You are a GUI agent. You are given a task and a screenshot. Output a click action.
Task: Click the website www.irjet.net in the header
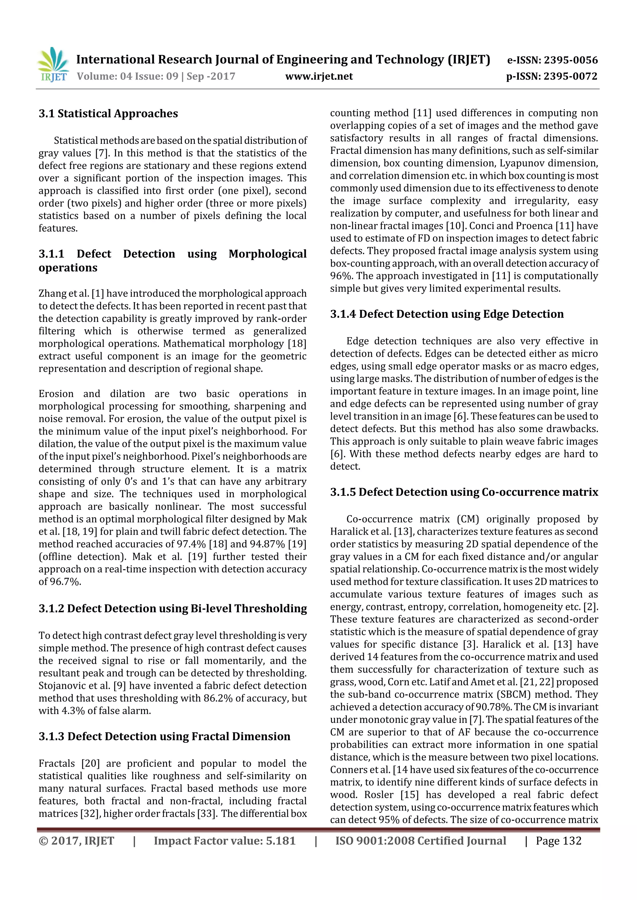coord(319,76)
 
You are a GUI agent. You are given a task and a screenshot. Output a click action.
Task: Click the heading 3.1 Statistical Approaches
coord(108,114)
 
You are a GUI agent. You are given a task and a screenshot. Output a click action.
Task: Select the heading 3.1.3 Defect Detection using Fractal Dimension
coord(165,736)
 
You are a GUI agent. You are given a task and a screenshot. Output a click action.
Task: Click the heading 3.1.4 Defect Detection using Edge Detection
coord(447,314)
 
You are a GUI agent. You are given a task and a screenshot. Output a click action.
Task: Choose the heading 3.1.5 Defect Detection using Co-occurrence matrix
coord(464,492)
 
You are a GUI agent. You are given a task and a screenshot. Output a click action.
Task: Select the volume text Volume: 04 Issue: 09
coord(128,76)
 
